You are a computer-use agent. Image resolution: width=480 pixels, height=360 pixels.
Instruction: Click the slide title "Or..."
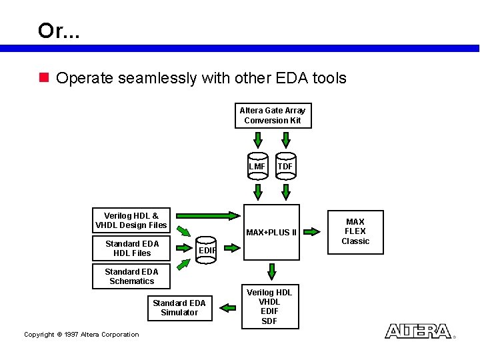pos(59,31)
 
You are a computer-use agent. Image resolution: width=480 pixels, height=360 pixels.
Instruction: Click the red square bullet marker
pos(44,78)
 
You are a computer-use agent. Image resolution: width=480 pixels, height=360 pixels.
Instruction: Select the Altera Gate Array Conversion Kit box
pos(273,115)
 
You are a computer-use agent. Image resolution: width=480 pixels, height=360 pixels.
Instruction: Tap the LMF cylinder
pos(257,167)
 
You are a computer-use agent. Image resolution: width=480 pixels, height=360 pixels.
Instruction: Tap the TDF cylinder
pos(285,167)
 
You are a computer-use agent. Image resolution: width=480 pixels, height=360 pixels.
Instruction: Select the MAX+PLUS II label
pos(271,232)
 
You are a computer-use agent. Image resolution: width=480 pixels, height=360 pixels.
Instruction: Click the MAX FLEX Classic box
pos(355,231)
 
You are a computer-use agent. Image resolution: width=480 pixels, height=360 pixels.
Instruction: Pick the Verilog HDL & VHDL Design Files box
pos(131,220)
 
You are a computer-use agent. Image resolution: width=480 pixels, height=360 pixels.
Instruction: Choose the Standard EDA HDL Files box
pos(132,248)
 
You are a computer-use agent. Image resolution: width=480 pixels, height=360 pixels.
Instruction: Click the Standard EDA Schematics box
pos(131,276)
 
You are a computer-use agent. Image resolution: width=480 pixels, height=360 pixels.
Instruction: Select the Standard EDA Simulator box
pos(179,307)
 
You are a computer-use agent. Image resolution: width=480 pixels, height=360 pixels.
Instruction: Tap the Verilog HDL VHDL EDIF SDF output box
pos(269,307)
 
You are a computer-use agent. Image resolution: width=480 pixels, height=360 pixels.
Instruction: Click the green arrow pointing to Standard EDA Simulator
pos(228,307)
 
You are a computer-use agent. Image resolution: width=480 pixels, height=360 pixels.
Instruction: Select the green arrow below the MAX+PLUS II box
pos(271,271)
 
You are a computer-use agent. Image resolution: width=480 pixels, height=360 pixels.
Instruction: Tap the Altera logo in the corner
pos(418,331)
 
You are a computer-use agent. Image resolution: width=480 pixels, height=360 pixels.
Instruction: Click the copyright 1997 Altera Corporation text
pos(81,335)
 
